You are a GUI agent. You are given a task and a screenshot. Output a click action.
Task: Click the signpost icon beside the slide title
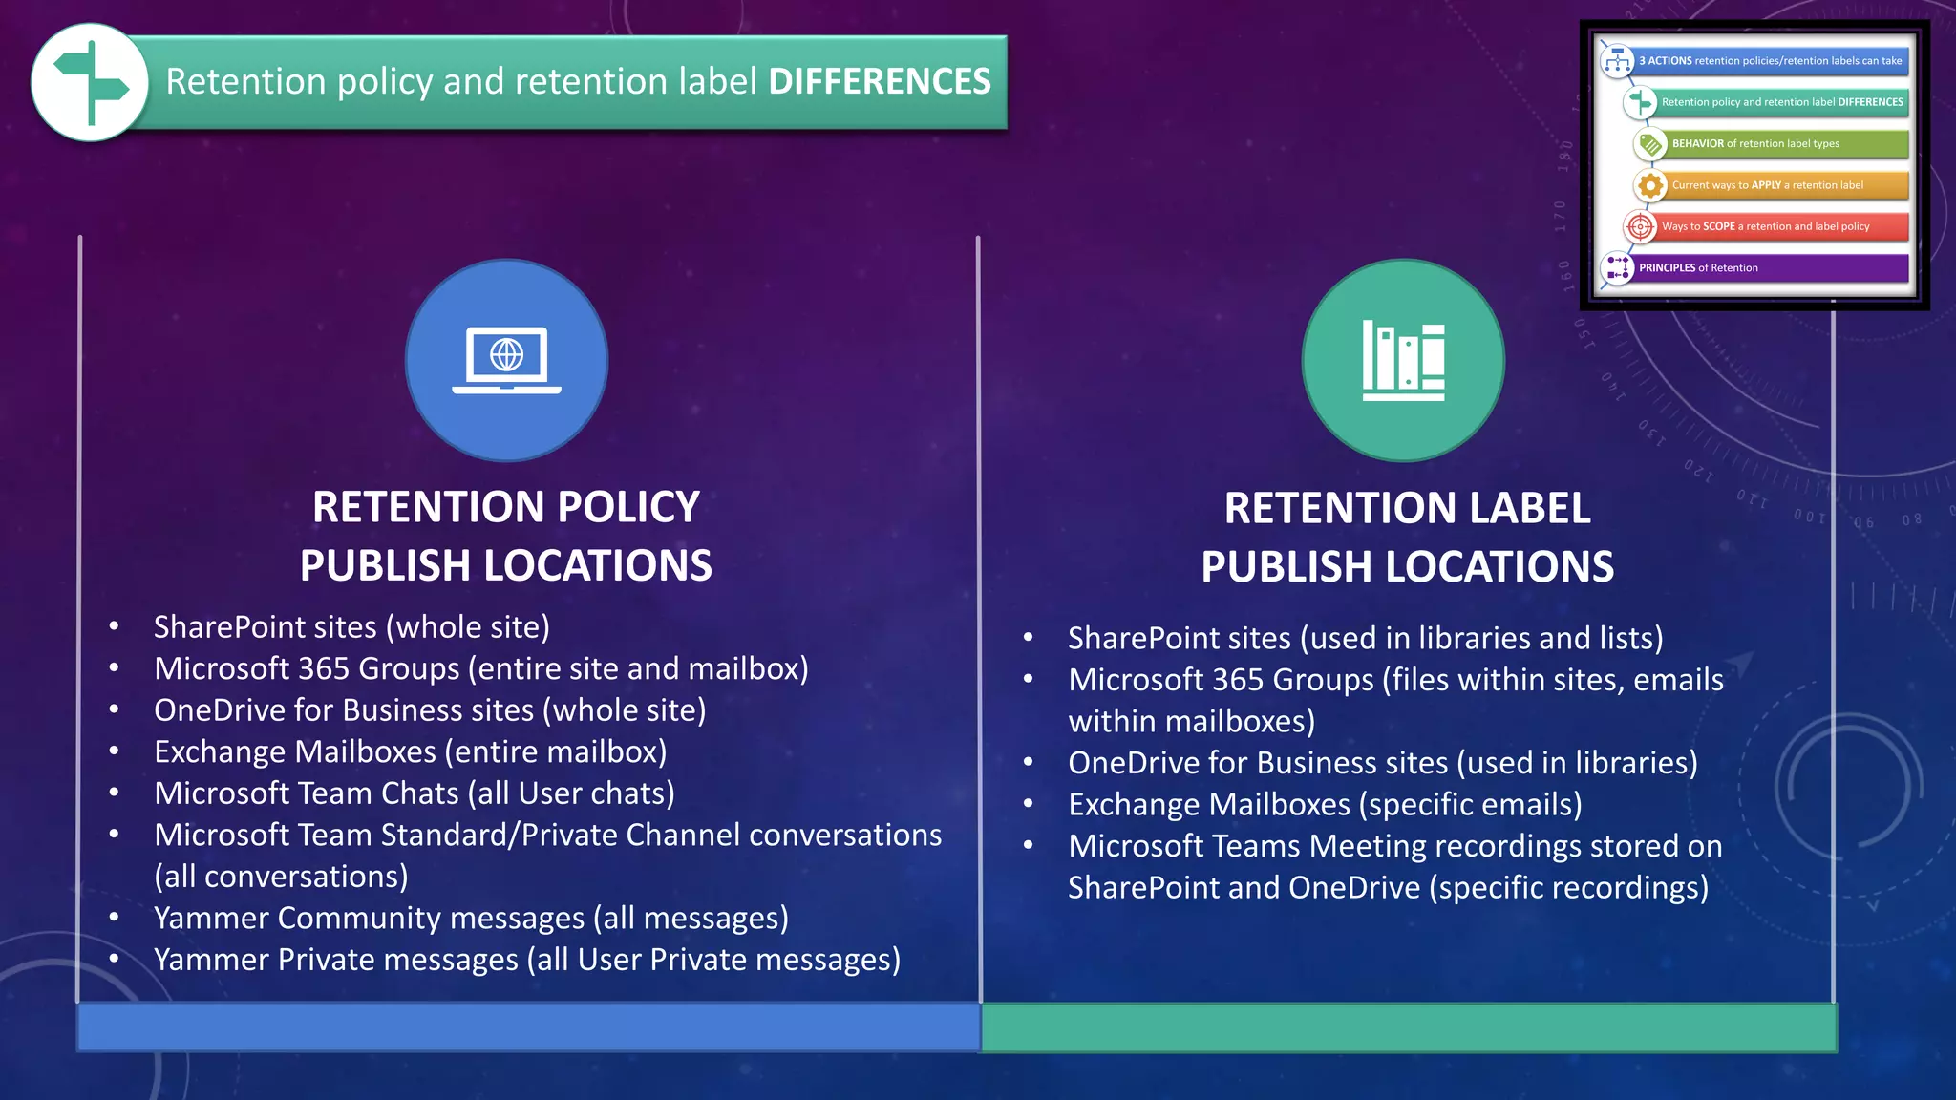90,83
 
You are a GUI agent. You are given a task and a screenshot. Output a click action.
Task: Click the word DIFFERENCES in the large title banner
880,82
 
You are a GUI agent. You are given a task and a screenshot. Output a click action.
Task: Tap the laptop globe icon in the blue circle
506,360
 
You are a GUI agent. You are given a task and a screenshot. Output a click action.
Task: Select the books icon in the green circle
1403,361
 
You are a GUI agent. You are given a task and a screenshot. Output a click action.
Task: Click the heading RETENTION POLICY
506,507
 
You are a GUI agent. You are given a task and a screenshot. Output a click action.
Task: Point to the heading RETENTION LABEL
1407,508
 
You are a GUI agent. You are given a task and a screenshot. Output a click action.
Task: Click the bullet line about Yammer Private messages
527,960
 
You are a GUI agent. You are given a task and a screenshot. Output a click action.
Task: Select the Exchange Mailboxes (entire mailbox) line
411,752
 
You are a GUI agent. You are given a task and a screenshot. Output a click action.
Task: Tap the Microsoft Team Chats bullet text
415,793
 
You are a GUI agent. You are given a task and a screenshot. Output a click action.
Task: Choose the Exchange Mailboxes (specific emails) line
1325,805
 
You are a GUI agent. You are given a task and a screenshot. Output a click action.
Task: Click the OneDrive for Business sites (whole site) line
430,710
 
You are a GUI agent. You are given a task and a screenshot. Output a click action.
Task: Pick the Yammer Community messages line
471,919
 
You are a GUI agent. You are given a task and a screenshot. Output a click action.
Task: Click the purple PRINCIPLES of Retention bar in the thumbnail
1772,268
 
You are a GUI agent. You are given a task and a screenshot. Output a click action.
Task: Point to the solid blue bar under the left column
528,1027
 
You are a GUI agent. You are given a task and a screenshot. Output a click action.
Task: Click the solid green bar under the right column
1408,1027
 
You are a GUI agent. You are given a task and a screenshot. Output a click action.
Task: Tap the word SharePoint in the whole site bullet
217,627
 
